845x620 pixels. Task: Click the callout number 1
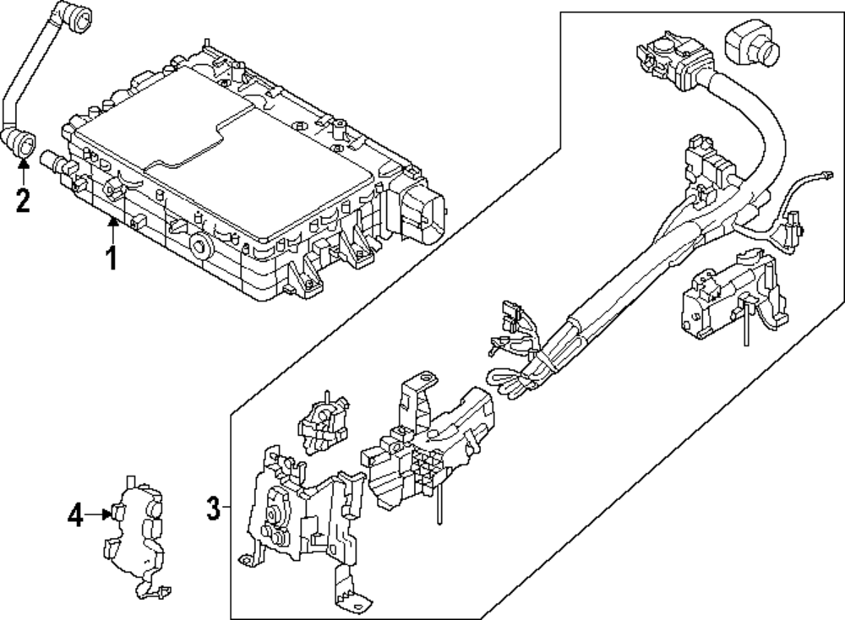click(x=112, y=258)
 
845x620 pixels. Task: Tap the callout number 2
click(x=23, y=200)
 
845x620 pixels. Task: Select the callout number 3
click(x=214, y=509)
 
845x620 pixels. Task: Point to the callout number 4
click(x=75, y=515)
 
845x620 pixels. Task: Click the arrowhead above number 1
click(x=112, y=220)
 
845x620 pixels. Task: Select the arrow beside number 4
click(x=98, y=514)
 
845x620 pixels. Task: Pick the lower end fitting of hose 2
click(x=20, y=144)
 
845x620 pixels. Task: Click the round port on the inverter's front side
click(x=203, y=246)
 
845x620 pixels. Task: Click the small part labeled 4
click(x=135, y=536)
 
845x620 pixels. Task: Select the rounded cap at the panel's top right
click(x=750, y=42)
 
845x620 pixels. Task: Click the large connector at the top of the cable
click(x=673, y=63)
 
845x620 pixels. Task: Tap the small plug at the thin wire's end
click(x=826, y=175)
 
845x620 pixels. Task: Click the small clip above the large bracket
click(x=324, y=423)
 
